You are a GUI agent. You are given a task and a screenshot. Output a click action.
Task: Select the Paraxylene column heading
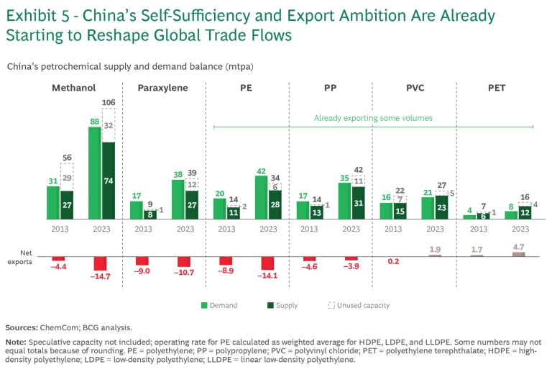(164, 89)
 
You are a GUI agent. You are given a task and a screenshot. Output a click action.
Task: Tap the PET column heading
(496, 89)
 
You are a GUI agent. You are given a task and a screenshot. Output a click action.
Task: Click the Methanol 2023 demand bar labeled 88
(94, 173)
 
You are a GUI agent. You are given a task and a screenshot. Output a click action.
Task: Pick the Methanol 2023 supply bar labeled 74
(108, 180)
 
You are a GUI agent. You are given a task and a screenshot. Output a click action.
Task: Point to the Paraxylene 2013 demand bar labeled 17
(136, 209)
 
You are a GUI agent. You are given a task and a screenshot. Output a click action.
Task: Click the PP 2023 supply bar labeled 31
(358, 202)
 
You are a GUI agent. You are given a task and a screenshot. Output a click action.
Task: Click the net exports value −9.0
(142, 271)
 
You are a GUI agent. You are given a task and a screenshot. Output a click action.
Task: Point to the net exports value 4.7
(518, 246)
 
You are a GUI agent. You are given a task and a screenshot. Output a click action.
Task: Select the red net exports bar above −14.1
(267, 263)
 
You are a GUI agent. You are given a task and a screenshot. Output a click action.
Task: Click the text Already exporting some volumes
(373, 117)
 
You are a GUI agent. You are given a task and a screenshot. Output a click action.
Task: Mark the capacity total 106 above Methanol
(108, 102)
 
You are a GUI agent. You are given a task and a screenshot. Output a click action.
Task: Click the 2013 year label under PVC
(393, 228)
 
